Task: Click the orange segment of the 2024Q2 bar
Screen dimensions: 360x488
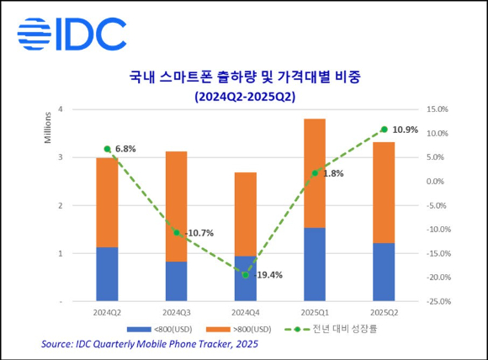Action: click(x=107, y=202)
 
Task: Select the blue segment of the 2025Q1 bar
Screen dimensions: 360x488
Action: click(x=314, y=263)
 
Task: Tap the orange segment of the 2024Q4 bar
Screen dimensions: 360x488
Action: click(x=246, y=214)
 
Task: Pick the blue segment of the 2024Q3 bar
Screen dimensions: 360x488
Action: click(x=176, y=280)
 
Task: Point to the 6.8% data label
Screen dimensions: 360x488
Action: click(x=125, y=149)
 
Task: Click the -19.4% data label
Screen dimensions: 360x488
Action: click(x=264, y=274)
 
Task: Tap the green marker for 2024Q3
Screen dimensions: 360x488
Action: click(x=177, y=233)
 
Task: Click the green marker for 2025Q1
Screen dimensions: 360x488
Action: click(x=314, y=173)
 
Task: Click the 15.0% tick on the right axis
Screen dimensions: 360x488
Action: click(x=437, y=109)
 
